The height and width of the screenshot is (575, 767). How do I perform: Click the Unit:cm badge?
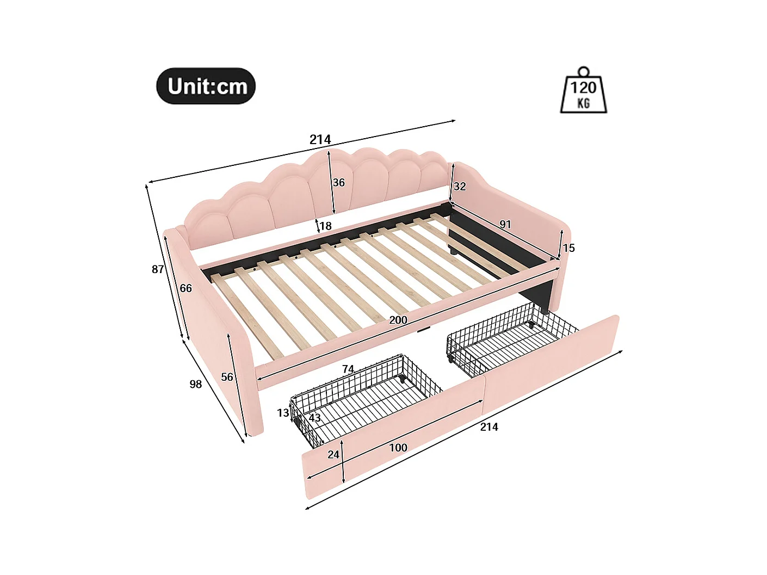206,86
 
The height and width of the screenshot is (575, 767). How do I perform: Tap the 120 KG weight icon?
583,92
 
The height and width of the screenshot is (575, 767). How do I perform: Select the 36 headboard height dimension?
338,183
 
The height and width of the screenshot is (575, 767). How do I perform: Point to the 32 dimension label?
460,187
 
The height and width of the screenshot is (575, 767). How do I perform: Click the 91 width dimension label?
505,224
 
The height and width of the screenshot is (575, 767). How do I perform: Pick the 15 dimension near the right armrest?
568,248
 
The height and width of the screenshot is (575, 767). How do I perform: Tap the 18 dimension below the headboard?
325,226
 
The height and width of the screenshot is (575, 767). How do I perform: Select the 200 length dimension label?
398,320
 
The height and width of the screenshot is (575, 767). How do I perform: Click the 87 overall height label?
158,269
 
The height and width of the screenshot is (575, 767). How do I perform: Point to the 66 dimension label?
186,288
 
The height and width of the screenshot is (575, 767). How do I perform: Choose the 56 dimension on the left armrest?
227,377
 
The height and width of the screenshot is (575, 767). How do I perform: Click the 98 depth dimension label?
196,384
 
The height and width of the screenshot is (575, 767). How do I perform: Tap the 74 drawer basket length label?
348,369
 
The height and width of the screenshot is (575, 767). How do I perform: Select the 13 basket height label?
283,413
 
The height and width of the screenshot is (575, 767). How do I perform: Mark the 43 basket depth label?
314,418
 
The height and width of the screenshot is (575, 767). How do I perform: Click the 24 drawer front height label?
333,454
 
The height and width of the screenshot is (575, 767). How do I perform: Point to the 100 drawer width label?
398,448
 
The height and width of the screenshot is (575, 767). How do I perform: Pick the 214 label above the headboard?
320,140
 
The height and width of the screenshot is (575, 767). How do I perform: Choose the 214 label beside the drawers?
489,427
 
